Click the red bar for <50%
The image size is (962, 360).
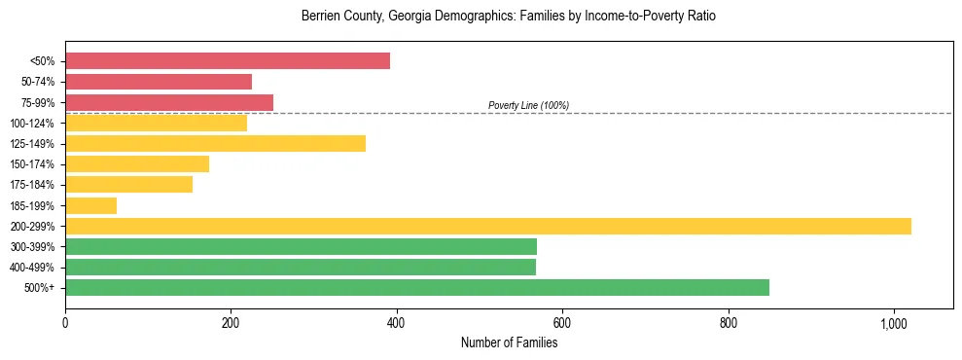(228, 61)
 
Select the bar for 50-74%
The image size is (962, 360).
(159, 82)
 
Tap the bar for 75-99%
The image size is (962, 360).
(169, 102)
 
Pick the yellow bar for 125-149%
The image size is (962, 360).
(215, 144)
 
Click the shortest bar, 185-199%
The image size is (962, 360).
(90, 205)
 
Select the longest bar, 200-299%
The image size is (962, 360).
(488, 226)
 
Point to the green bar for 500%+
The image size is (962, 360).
(417, 287)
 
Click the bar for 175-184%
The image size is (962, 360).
(128, 185)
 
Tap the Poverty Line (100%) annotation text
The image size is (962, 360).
(528, 105)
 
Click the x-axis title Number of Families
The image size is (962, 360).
(509, 342)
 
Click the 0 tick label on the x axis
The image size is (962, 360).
(65, 322)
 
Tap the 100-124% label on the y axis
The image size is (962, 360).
(32, 124)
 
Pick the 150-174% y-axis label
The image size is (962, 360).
(32, 164)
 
